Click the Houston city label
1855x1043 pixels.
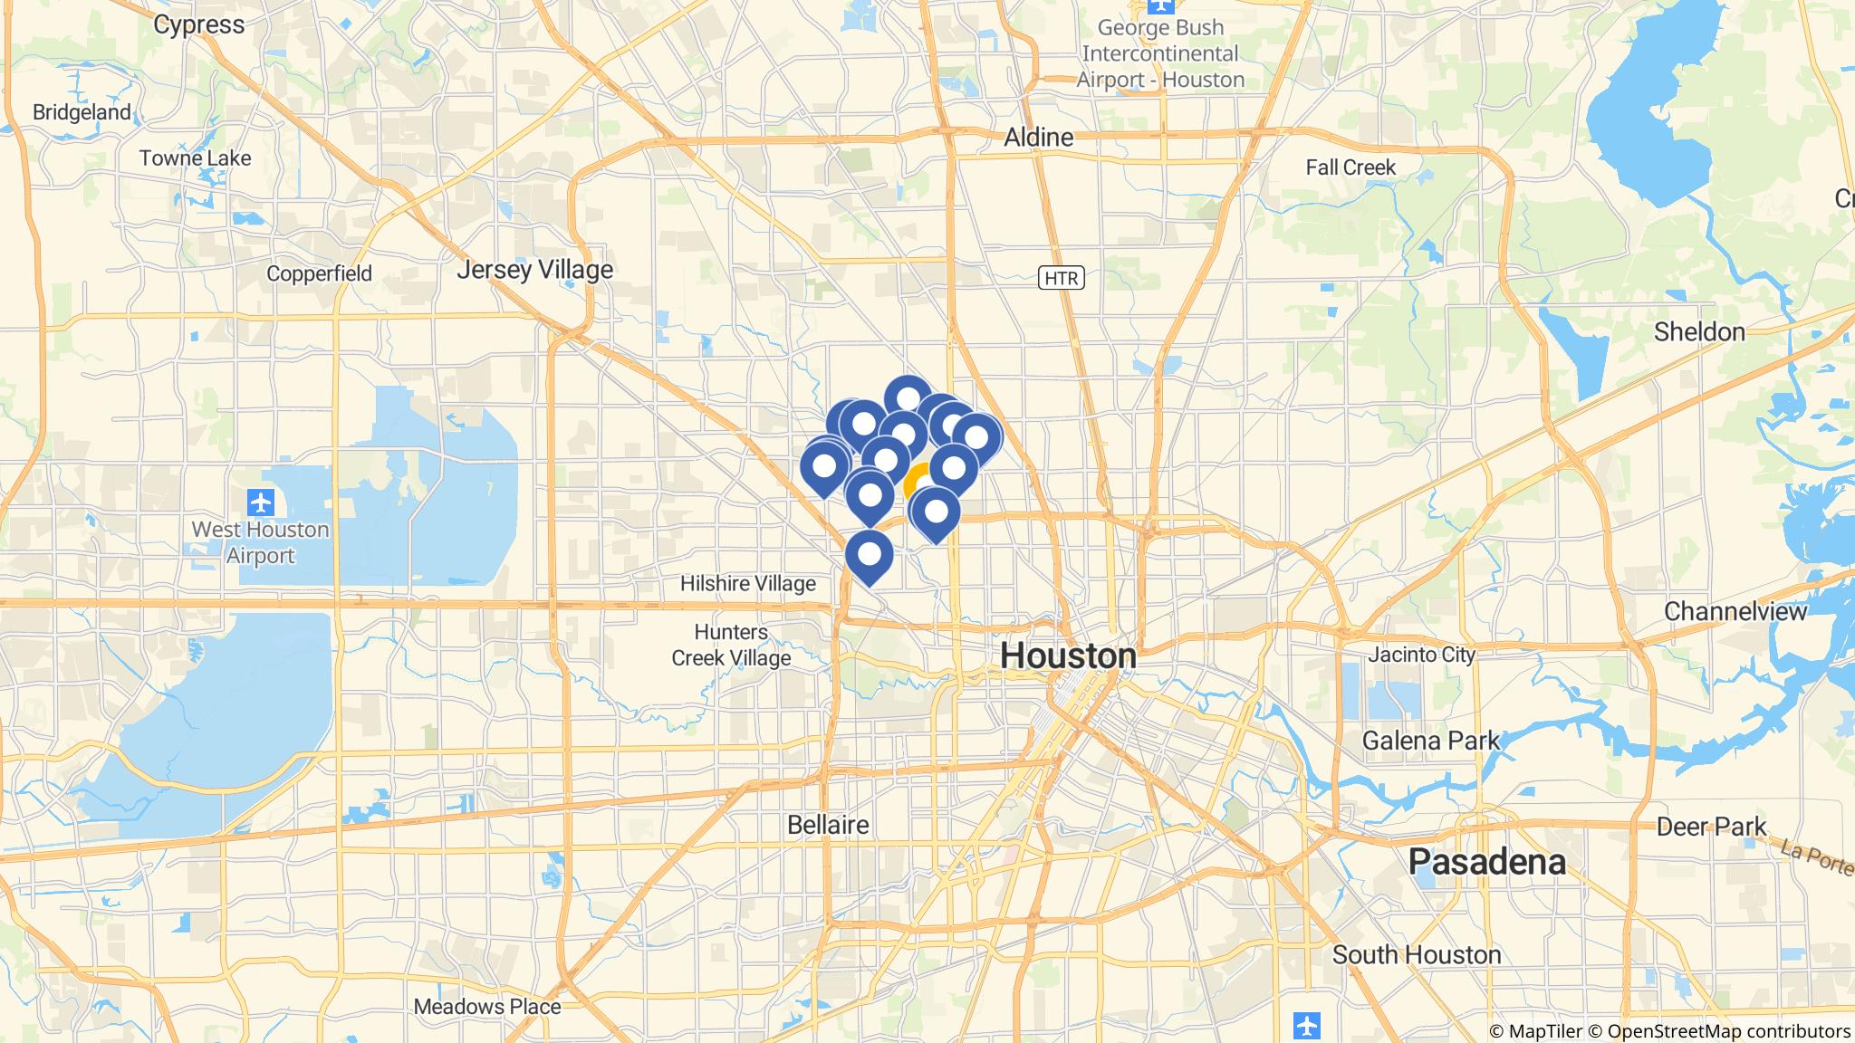coord(1069,655)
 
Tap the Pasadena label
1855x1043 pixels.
coord(1486,862)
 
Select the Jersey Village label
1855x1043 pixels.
coord(534,270)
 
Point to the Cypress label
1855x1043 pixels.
coord(198,24)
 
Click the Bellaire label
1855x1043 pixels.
coord(828,825)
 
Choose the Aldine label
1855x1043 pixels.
coord(1039,138)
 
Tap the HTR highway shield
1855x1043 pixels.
coord(1061,278)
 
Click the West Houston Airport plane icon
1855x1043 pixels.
coord(260,501)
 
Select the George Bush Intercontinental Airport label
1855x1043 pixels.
coord(1160,53)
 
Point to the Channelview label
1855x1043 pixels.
coord(1735,611)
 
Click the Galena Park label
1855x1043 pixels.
coord(1431,741)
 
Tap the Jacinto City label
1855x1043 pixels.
coord(1422,654)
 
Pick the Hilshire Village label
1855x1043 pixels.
coord(747,584)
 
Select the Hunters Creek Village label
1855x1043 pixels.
coord(731,645)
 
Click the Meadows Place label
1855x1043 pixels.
coord(487,1006)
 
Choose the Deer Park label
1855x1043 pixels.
coord(1711,827)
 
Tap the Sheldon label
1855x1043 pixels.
coord(1699,332)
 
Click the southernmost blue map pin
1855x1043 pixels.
coord(870,554)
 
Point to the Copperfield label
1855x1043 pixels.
coord(319,273)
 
